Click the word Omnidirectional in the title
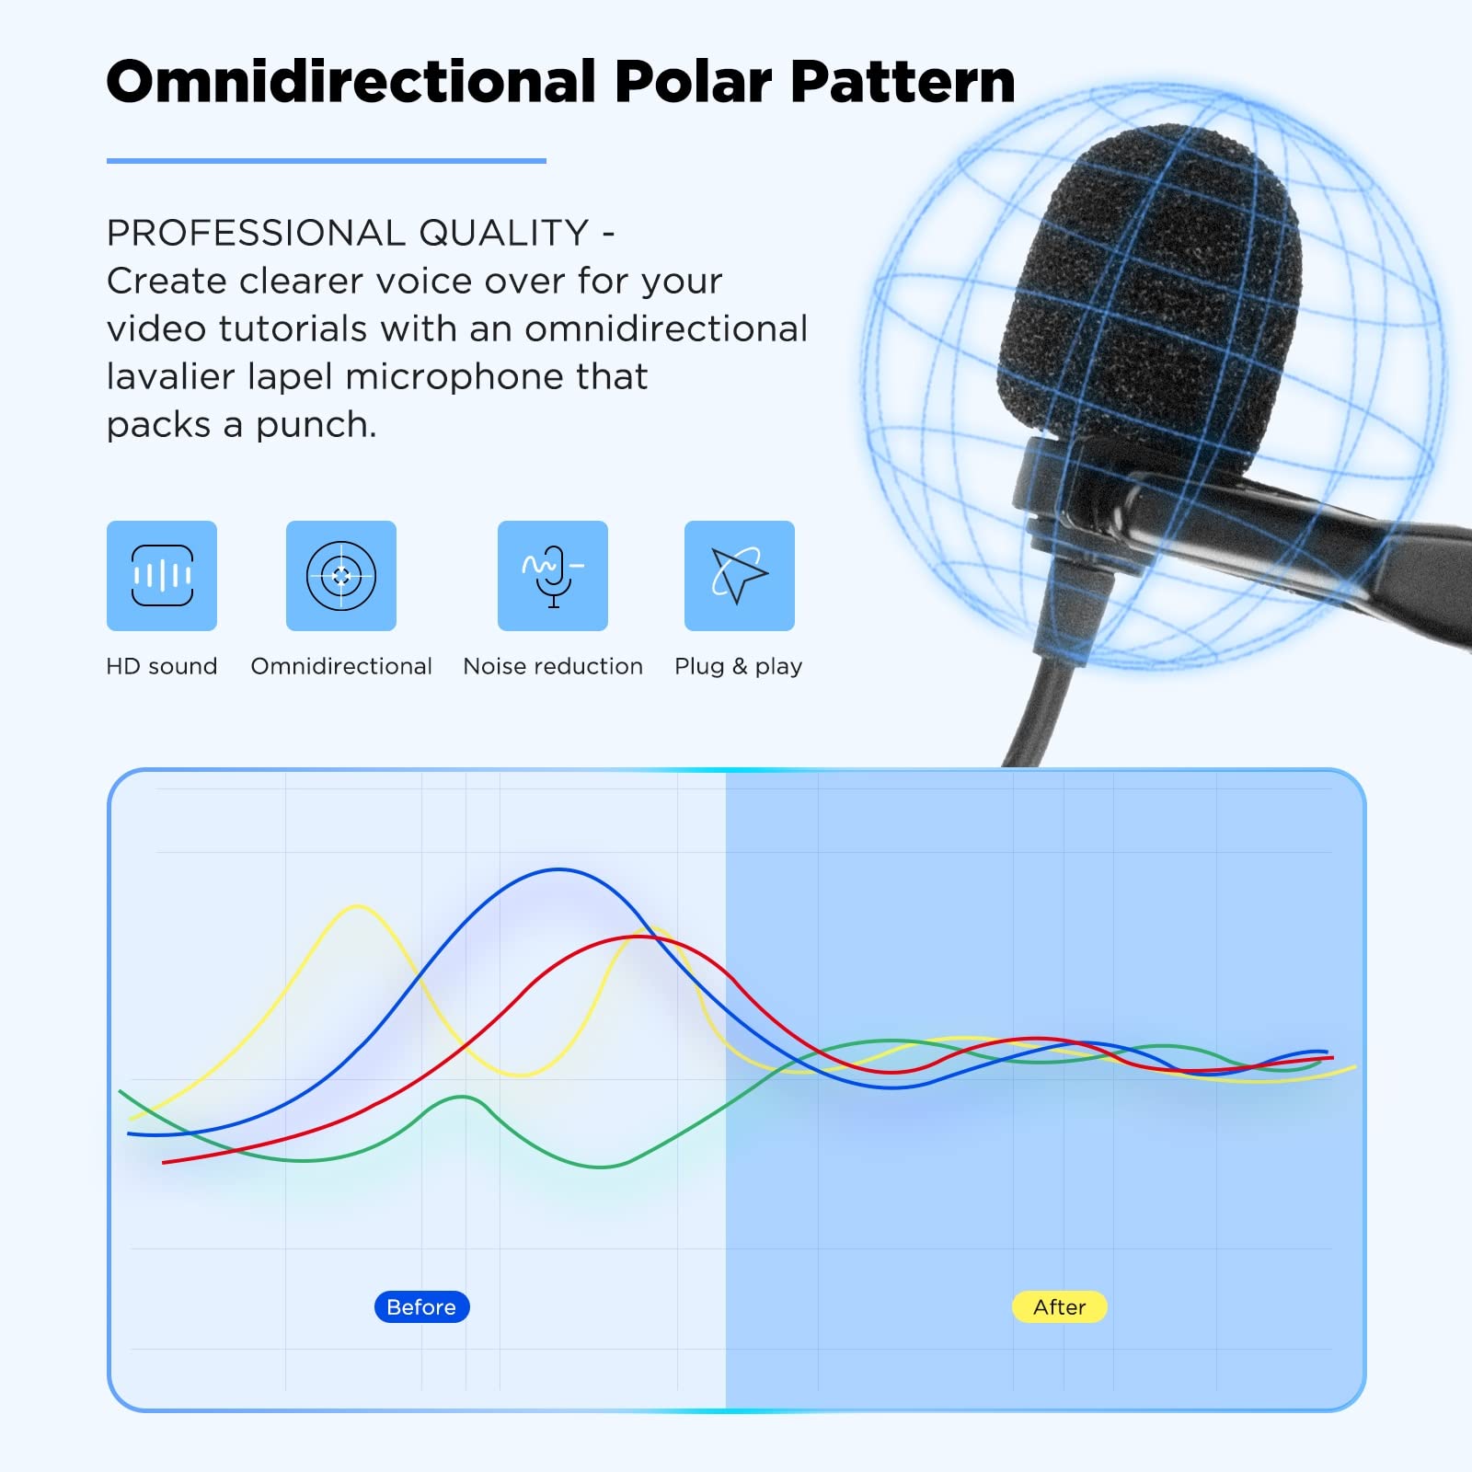coord(352,81)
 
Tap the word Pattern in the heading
coord(903,81)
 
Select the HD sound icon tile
coord(162,576)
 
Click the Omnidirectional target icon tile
coord(341,576)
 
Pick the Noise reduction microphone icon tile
coord(553,576)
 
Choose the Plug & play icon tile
coord(740,576)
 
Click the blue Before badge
coord(422,1307)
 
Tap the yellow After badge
coord(1060,1307)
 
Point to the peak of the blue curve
coord(558,869)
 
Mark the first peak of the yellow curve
coord(358,906)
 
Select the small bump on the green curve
coord(462,1097)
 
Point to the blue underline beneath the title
coord(327,161)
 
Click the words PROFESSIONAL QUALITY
coord(348,233)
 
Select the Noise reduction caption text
coord(553,666)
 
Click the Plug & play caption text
coord(739,667)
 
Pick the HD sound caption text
coord(162,666)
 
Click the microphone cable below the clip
coord(1040,708)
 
